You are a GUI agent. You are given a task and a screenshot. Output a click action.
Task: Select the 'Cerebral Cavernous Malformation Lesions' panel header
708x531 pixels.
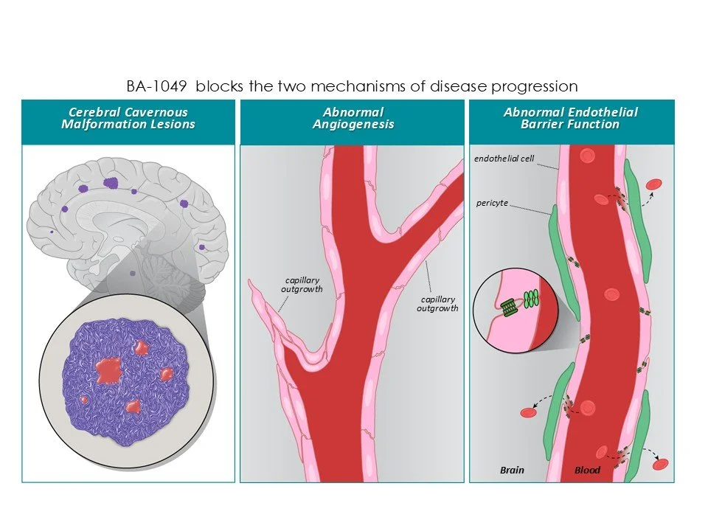(128, 118)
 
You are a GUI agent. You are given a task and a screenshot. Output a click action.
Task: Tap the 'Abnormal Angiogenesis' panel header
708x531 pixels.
(353, 118)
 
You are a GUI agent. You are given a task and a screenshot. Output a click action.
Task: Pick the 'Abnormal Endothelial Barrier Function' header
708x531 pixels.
(571, 118)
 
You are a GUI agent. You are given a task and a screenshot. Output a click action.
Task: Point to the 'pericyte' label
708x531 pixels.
(493, 203)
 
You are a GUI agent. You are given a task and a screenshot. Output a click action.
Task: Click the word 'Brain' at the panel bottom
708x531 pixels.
(512, 470)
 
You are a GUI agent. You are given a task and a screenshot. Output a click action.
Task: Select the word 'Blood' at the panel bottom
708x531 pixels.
(587, 470)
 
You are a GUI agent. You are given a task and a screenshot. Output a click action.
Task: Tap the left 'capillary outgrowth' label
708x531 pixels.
(302, 285)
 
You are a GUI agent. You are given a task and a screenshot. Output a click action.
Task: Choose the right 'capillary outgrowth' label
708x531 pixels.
(439, 304)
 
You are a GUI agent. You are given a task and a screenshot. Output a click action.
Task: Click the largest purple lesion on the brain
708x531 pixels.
(111, 182)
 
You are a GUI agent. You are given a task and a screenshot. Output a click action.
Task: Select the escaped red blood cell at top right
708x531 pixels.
(653, 184)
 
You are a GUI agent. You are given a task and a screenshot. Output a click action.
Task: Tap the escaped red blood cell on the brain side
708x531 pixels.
(528, 412)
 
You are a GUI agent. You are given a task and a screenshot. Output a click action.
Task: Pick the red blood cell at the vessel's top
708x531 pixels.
(587, 156)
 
